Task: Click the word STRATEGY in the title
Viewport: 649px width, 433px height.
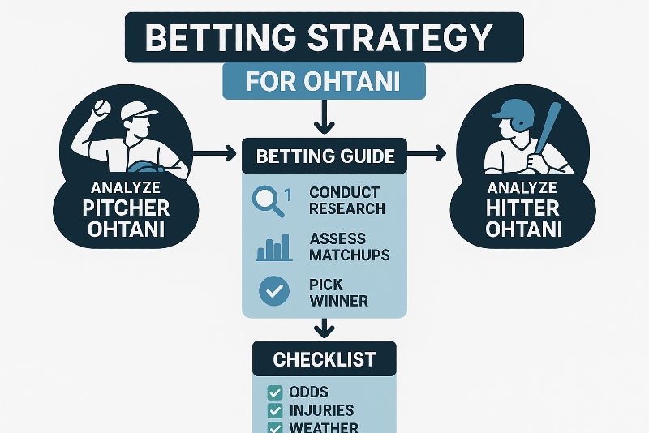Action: pos(400,37)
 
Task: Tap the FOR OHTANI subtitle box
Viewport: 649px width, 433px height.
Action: pos(324,81)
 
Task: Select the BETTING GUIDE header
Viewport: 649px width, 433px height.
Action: pos(324,156)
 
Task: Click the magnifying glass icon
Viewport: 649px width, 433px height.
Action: pos(269,201)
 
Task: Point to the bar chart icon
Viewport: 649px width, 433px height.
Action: pos(273,248)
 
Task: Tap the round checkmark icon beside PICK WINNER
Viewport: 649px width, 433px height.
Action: pos(274,291)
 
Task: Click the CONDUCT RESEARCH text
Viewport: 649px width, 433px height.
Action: pos(347,200)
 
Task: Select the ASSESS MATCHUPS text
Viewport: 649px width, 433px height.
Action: pos(350,247)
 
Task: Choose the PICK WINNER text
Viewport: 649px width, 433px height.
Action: pos(338,293)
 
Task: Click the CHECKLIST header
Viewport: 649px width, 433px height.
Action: pos(324,359)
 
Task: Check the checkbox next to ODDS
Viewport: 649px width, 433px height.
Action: pos(275,392)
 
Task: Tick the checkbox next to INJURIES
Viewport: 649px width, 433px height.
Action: pos(275,411)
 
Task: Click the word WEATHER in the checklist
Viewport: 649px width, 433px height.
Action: pos(324,427)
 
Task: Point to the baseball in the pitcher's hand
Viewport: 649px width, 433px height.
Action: pos(102,108)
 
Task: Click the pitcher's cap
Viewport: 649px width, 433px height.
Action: pos(138,111)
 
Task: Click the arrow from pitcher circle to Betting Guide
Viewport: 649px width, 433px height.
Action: pos(214,154)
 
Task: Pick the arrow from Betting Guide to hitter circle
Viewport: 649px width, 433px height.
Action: pos(427,154)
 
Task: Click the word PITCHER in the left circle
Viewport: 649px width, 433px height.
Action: pos(126,208)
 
